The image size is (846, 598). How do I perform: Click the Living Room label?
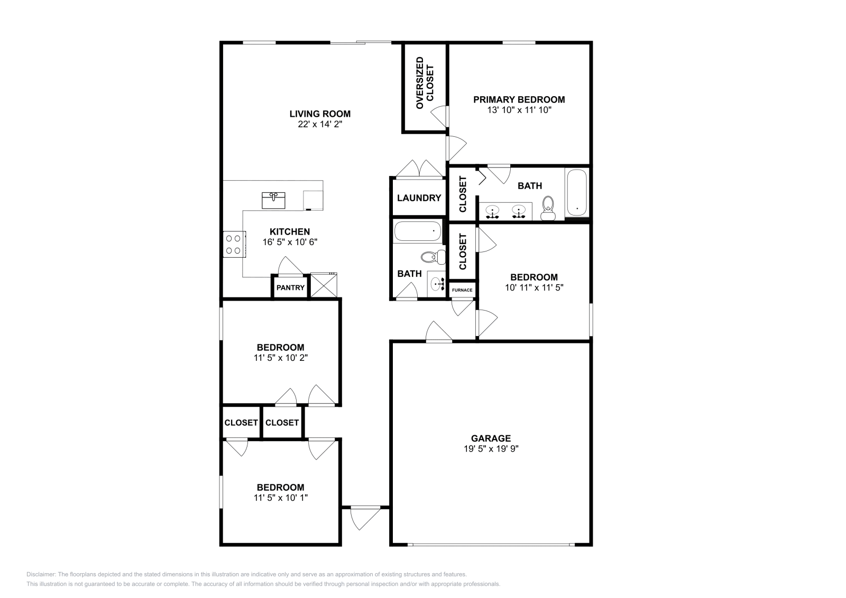320,114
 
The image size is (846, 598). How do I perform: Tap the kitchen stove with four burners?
234,244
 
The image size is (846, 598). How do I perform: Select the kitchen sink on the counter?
273,200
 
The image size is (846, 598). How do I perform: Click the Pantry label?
290,288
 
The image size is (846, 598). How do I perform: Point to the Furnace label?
462,290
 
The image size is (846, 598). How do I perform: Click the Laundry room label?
419,198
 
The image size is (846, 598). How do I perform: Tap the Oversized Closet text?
425,83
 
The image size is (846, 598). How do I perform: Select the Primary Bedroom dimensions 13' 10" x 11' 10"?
519,110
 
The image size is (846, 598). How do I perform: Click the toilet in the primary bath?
548,208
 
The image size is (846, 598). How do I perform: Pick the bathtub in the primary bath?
577,193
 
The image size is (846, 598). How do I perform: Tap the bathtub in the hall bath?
417,231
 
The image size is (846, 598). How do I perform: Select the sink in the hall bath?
437,284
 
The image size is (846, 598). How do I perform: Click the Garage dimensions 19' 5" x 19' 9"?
491,448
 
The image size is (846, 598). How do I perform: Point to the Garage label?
491,438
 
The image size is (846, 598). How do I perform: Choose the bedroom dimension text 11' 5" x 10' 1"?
281,498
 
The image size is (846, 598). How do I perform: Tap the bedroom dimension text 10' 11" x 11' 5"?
534,287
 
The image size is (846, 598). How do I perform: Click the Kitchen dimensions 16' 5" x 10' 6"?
290,242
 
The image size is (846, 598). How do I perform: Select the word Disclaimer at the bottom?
41,574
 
